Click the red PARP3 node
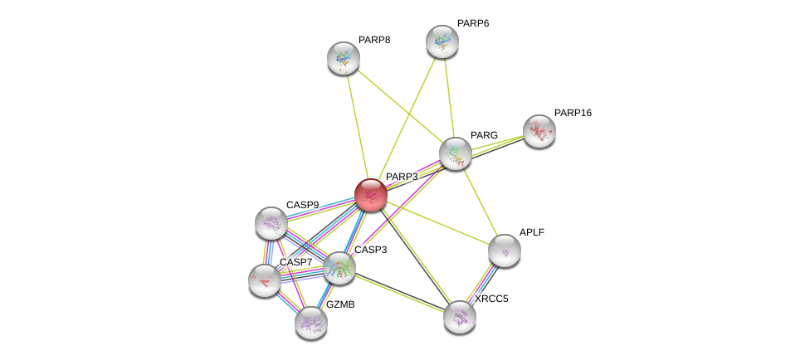click(x=370, y=195)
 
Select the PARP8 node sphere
click(x=343, y=58)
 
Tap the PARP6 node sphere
click(x=442, y=41)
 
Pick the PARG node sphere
click(x=456, y=153)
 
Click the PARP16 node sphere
click(x=539, y=131)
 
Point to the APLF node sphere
click(x=505, y=251)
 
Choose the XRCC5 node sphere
click(x=460, y=316)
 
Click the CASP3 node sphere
click(x=339, y=267)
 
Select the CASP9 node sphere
click(x=271, y=222)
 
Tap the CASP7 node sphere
click(x=265, y=280)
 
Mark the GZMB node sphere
click(x=311, y=323)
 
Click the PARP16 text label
click(x=573, y=113)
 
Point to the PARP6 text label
click(x=473, y=23)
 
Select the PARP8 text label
click(x=374, y=40)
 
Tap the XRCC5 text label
click(x=491, y=299)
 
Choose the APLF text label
click(x=531, y=232)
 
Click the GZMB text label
click(x=340, y=304)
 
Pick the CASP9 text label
click(x=302, y=205)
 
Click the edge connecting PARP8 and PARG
click(x=399, y=105)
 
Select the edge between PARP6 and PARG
click(x=449, y=98)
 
